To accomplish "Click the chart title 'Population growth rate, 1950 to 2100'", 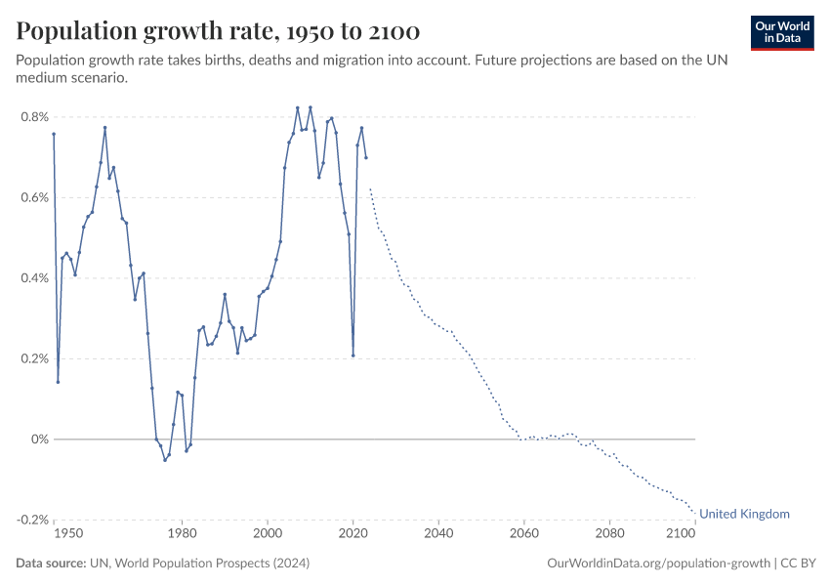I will (x=218, y=32).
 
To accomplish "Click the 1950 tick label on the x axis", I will (x=67, y=535).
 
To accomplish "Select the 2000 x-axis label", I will (x=268, y=535).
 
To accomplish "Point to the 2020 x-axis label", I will (x=353, y=535).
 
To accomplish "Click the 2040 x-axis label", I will (x=438, y=535).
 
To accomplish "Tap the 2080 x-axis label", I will (x=609, y=535).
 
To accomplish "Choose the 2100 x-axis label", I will (x=680, y=535).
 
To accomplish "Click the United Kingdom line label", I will (x=744, y=514).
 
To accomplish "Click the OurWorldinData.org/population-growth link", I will (x=655, y=564).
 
